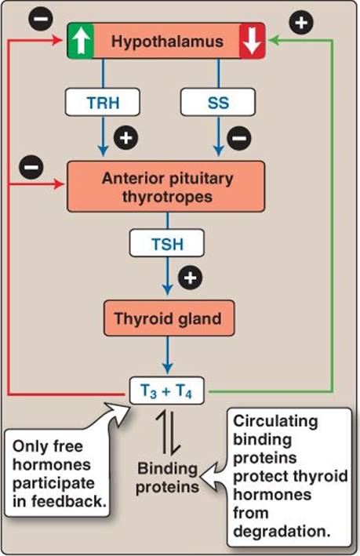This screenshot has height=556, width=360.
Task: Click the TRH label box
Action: [102, 102]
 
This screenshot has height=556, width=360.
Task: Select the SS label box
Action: [218, 102]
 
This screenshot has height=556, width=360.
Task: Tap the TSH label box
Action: [167, 243]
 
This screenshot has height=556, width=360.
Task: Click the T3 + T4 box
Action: [167, 391]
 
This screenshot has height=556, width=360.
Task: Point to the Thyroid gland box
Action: [169, 318]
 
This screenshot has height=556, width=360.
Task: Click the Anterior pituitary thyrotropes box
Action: [165, 187]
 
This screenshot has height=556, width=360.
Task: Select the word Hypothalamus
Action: [167, 41]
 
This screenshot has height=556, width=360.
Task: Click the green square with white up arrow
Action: [81, 41]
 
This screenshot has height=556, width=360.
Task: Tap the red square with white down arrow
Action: [253, 41]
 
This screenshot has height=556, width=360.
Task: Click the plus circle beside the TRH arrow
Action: [126, 137]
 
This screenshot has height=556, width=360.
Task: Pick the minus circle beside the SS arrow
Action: [239, 138]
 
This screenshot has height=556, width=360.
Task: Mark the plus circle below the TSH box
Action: [190, 278]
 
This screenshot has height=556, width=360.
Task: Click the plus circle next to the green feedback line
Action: [301, 23]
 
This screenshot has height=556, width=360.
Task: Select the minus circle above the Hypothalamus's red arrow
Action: [41, 19]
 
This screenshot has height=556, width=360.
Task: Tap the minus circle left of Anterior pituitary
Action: [31, 167]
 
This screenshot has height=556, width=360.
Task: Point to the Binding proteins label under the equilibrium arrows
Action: [167, 478]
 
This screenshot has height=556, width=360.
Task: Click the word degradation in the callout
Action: [282, 532]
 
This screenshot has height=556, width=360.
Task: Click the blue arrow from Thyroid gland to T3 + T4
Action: [167, 355]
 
